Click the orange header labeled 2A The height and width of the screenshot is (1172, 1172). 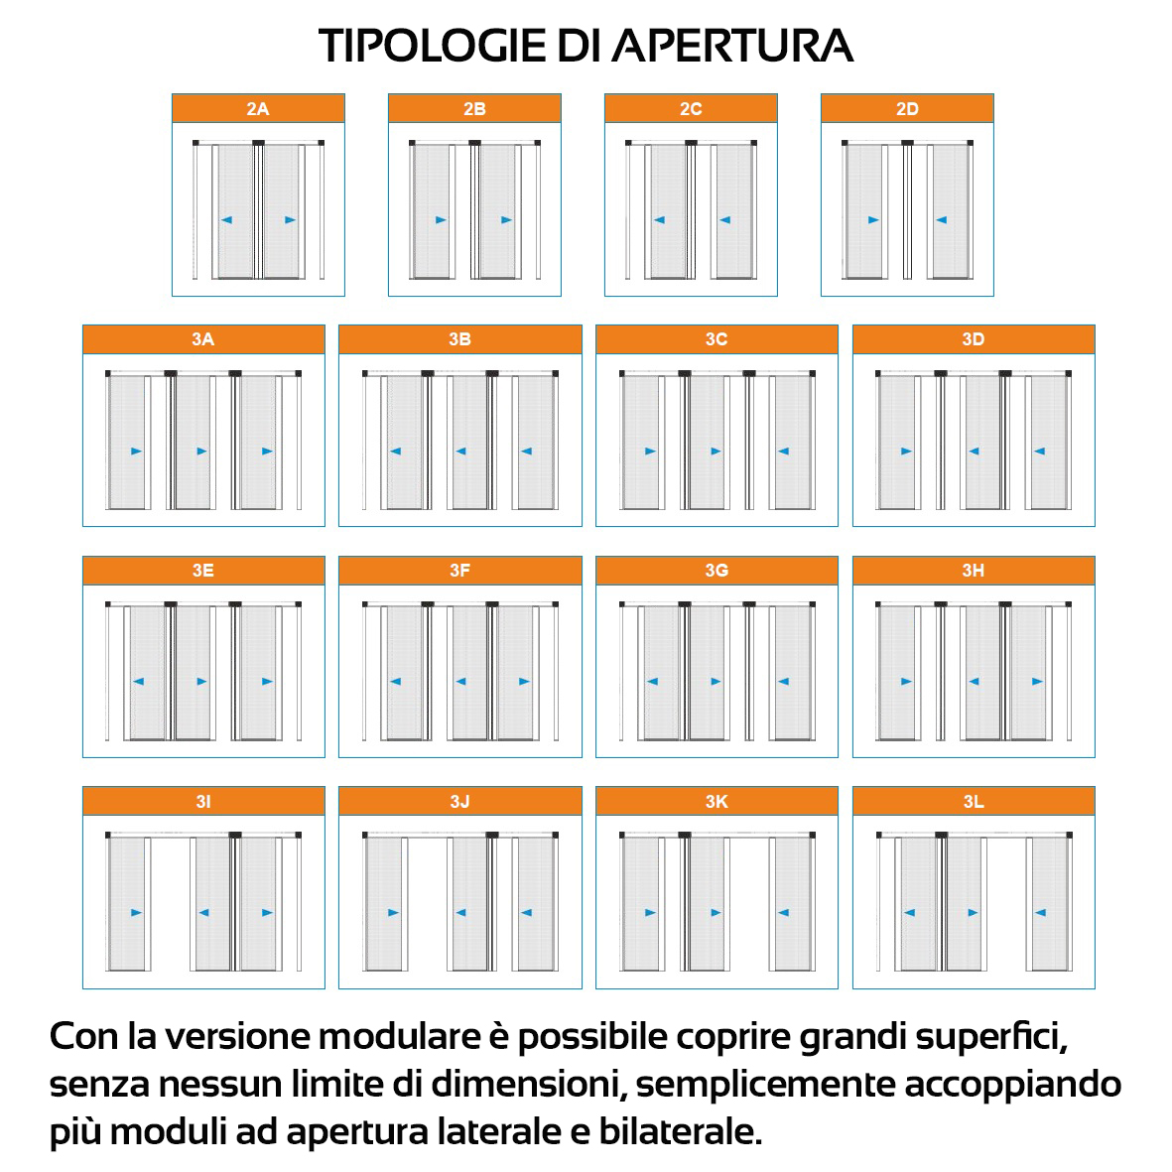258,108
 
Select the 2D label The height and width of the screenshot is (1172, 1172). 907,109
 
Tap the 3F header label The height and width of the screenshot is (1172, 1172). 459,571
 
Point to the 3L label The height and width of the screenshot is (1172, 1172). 974,801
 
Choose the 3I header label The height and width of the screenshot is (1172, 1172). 203,801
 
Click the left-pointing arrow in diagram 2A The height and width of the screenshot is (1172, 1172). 226,219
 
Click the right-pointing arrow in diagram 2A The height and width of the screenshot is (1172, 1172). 290,219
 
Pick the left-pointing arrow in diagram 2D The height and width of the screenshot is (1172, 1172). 941,219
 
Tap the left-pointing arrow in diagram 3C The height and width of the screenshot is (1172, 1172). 783,451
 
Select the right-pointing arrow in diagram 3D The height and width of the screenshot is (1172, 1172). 906,451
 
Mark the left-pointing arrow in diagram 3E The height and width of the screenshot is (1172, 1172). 138,681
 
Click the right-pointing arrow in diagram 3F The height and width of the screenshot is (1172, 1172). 524,681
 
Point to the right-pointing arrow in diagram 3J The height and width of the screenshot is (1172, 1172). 393,912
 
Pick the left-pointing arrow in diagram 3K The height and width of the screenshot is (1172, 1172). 783,912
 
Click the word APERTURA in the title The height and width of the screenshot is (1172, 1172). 733,46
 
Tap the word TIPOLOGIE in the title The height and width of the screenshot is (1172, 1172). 433,46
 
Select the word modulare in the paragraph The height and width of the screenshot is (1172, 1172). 399,1036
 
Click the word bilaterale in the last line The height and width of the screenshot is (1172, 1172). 680,1131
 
